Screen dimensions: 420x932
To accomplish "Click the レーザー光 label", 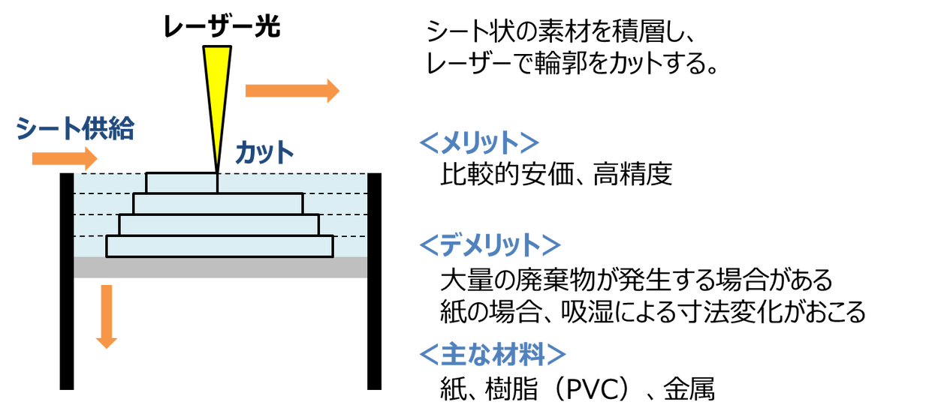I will click(x=222, y=28).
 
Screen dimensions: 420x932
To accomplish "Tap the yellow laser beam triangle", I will click(x=216, y=97).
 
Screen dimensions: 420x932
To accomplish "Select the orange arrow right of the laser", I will click(x=292, y=91).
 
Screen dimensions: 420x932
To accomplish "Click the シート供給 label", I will click(x=75, y=129).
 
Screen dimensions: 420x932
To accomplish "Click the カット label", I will click(x=264, y=152).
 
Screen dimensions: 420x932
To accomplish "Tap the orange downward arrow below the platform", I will click(x=107, y=316).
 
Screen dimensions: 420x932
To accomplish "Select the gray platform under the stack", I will click(x=221, y=267).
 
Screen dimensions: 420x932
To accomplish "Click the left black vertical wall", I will click(x=67, y=281).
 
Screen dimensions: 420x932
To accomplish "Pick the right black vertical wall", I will click(x=375, y=281).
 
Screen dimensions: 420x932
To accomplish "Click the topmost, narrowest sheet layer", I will click(x=182, y=183).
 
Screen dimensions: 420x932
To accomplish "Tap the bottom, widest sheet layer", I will click(x=219, y=246).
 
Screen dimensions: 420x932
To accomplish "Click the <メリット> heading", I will click(x=480, y=142).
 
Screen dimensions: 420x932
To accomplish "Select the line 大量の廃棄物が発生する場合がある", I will click(x=637, y=280).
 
